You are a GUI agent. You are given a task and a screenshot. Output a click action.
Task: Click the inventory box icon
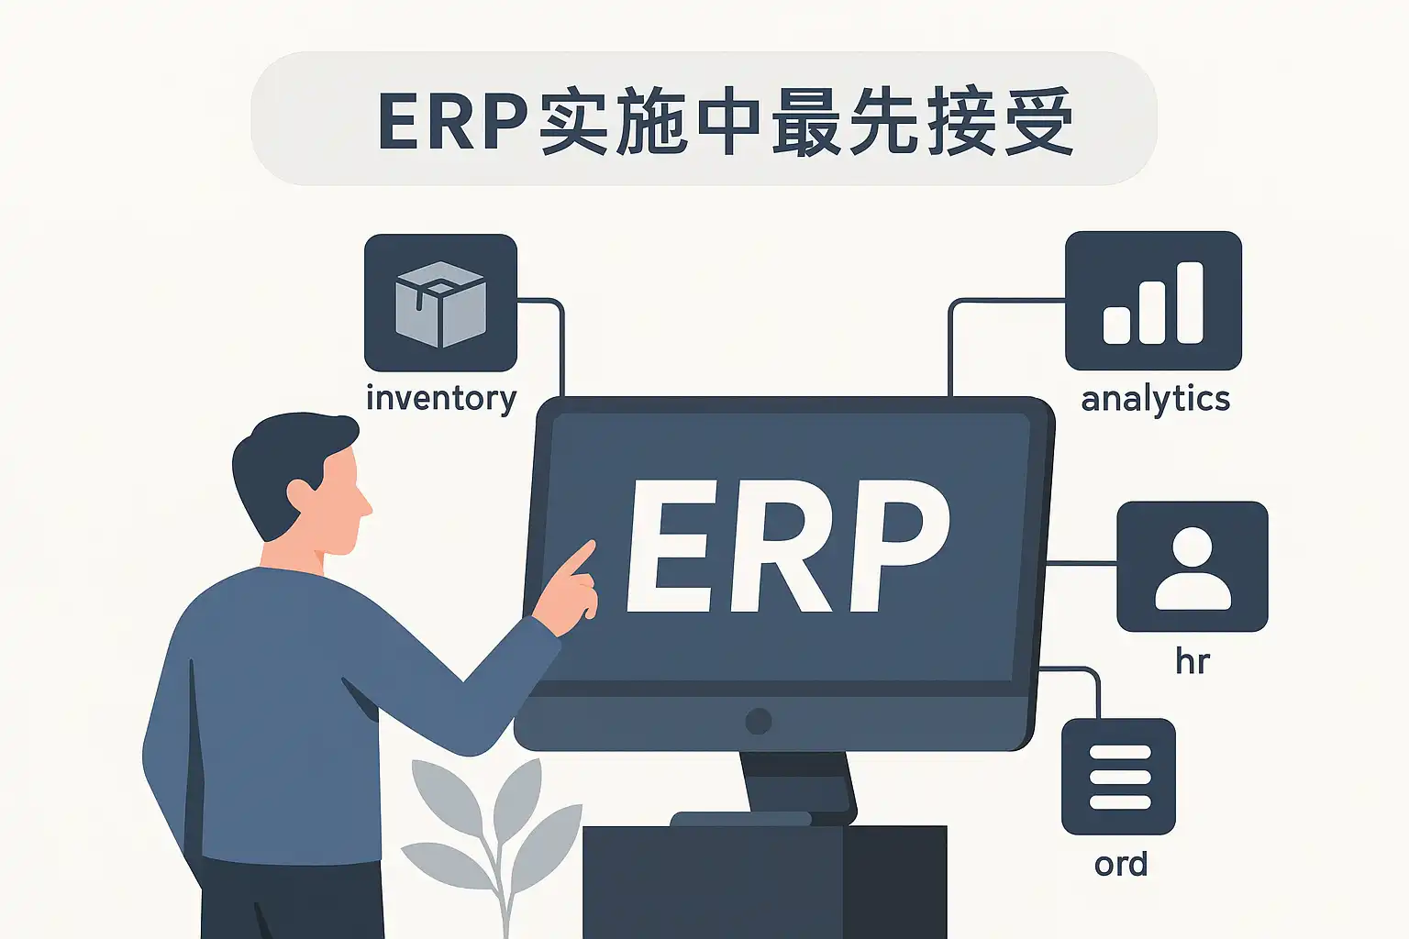[x=440, y=303]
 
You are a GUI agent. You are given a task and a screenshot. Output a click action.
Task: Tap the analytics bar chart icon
[x=1153, y=301]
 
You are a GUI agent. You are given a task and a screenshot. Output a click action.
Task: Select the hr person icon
[x=1192, y=567]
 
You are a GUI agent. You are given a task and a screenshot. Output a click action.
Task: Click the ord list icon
[x=1118, y=776]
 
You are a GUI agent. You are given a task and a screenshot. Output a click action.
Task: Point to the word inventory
[x=441, y=399]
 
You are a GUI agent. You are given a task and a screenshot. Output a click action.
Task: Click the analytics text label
[x=1155, y=400]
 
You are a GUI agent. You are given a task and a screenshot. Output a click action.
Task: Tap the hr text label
[x=1193, y=661]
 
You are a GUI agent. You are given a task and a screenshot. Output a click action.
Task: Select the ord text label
[x=1120, y=864]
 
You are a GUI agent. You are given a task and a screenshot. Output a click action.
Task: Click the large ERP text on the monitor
[x=787, y=547]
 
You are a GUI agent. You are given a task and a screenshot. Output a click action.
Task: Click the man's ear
[x=300, y=495]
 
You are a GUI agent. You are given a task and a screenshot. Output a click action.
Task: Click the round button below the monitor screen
[x=759, y=721]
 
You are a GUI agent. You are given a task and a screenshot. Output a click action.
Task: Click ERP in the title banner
[x=453, y=121]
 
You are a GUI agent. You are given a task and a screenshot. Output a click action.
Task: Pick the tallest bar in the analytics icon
[x=1190, y=303]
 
